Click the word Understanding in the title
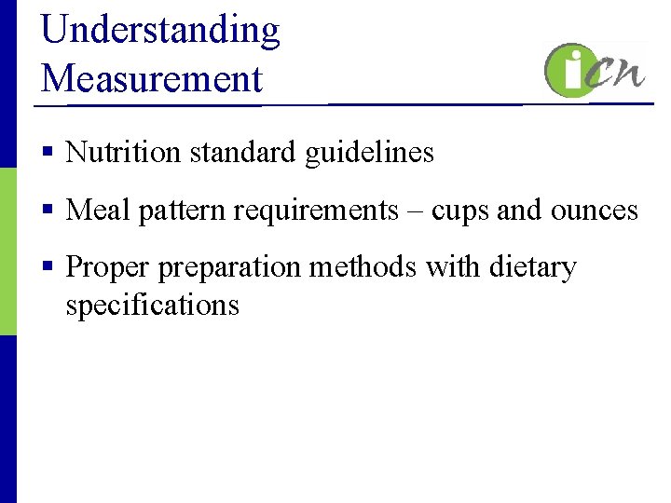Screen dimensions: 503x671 (160, 30)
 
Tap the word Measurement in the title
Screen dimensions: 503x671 (152, 78)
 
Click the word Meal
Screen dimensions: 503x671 (99, 210)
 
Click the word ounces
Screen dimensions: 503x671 (595, 211)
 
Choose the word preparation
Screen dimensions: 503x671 (228, 268)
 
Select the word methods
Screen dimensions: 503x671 (363, 267)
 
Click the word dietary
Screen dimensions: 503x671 (530, 268)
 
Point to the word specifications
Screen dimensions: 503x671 (152, 306)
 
